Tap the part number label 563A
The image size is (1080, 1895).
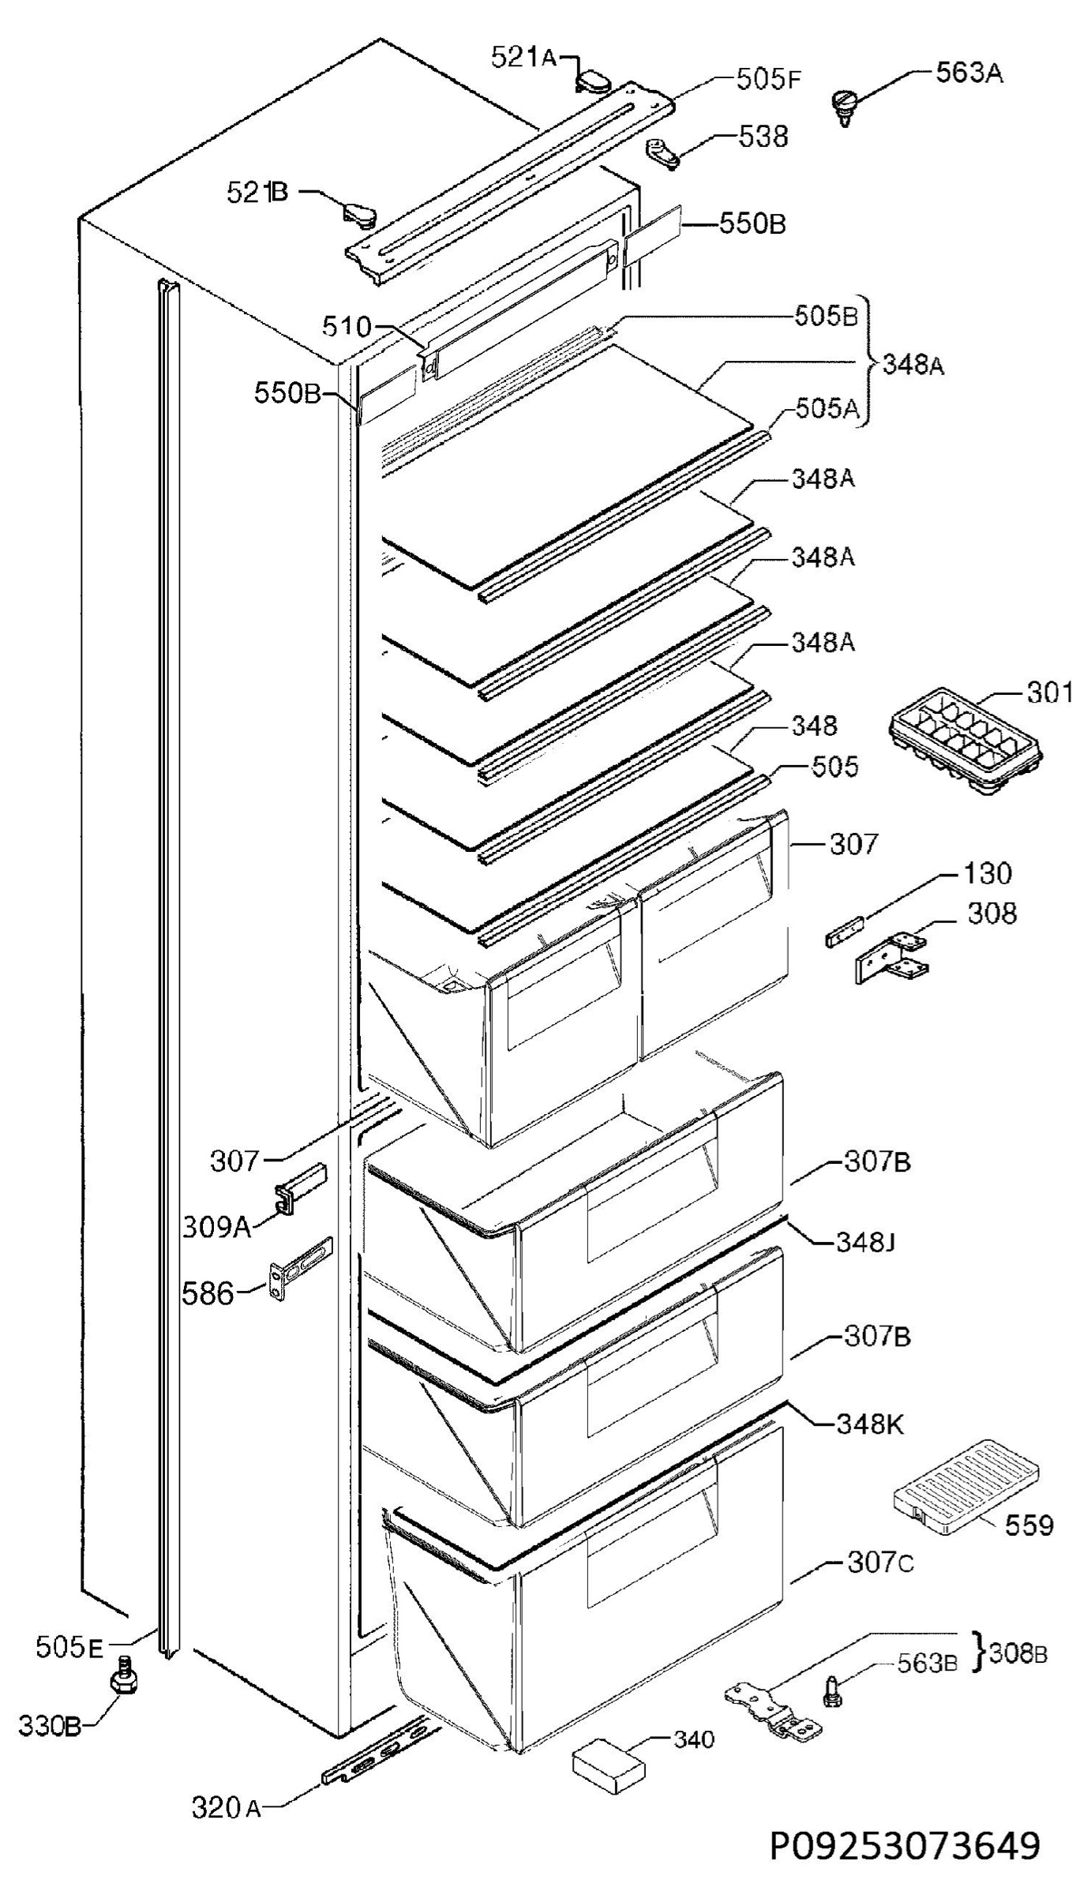[x=969, y=73]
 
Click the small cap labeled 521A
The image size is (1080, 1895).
[x=594, y=80]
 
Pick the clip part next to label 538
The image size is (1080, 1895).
[x=662, y=152]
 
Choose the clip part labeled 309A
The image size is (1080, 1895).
[x=298, y=1187]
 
